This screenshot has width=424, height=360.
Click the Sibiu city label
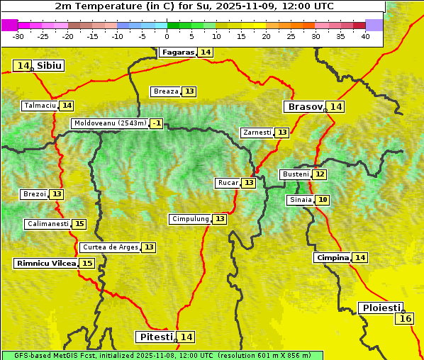point(50,66)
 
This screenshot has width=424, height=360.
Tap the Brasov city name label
point(304,107)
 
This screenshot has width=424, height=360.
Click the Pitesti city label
point(155,337)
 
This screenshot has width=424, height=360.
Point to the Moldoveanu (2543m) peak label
point(110,123)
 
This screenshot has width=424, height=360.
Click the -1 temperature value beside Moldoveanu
point(156,123)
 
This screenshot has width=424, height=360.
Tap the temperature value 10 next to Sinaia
point(323,200)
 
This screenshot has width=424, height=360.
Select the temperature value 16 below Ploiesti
point(406,319)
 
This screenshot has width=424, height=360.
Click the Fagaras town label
point(177,52)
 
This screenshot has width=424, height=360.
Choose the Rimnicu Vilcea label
point(45,263)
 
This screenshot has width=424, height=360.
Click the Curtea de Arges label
point(109,247)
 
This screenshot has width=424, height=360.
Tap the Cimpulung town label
point(190,219)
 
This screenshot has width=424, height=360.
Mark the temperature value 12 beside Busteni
point(320,174)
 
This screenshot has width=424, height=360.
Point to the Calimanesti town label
point(48,224)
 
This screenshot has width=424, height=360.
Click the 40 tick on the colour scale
point(365,36)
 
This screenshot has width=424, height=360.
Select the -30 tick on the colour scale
point(18,36)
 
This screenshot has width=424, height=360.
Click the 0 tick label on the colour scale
point(167,36)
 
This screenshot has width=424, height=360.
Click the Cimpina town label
point(333,258)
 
